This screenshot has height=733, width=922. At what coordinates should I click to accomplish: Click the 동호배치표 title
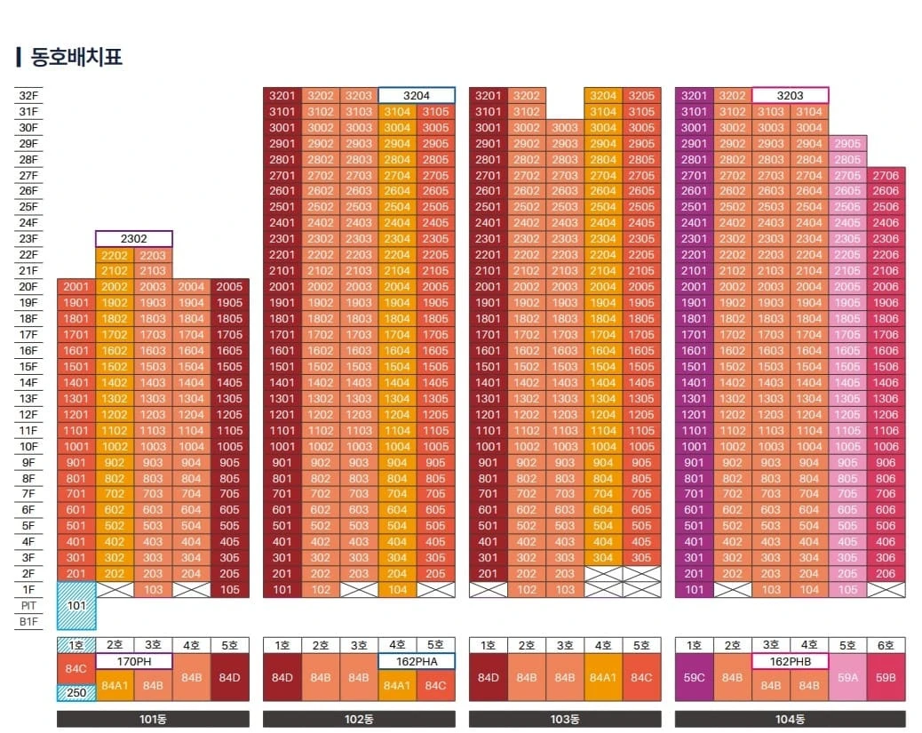pyautogui.click(x=76, y=57)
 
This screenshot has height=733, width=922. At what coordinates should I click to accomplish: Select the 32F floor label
pyautogui.click(x=28, y=96)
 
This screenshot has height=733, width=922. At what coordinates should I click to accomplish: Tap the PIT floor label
pyautogui.click(x=28, y=606)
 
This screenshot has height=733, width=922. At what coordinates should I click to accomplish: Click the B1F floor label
pyautogui.click(x=28, y=622)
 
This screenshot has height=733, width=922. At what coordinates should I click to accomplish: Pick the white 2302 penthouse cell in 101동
pyautogui.click(x=134, y=239)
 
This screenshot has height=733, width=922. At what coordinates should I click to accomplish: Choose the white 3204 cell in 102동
pyautogui.click(x=417, y=95)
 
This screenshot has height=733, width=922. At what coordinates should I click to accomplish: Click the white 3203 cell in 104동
pyautogui.click(x=791, y=95)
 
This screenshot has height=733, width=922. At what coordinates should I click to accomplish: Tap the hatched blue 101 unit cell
pyautogui.click(x=76, y=606)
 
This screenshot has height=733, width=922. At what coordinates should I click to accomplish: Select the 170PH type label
pyautogui.click(x=134, y=661)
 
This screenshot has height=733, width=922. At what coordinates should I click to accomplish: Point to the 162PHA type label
pyautogui.click(x=417, y=661)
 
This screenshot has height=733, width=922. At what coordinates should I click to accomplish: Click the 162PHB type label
pyautogui.click(x=791, y=661)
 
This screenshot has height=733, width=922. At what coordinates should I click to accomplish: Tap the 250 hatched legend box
pyautogui.click(x=76, y=693)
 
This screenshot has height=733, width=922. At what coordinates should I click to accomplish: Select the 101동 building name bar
pyautogui.click(x=153, y=719)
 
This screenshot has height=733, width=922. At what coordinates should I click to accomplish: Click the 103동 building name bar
pyautogui.click(x=565, y=719)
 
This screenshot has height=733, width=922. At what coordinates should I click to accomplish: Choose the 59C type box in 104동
pyautogui.click(x=694, y=677)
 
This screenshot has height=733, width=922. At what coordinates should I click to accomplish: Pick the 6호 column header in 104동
pyautogui.click(x=886, y=645)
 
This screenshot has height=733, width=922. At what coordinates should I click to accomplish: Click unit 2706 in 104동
pyautogui.click(x=886, y=175)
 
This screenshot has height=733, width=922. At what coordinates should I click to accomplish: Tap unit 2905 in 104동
pyautogui.click(x=847, y=144)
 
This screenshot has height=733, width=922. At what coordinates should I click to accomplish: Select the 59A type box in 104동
pyautogui.click(x=847, y=677)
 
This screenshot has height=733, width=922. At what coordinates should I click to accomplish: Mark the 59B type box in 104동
pyautogui.click(x=886, y=677)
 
